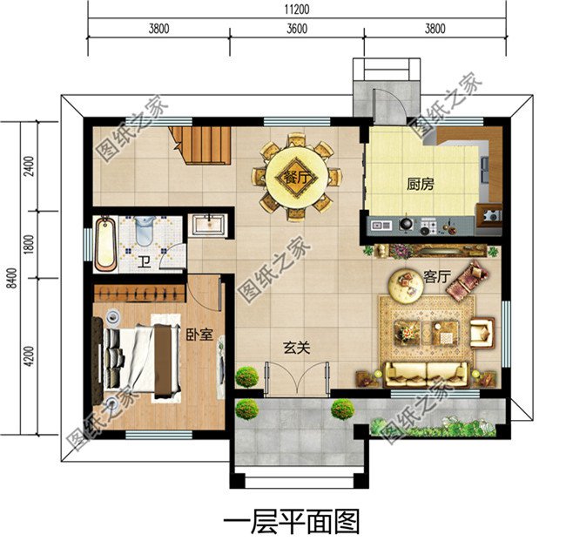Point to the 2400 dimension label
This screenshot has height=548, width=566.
[29, 166]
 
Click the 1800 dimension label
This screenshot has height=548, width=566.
[29, 244]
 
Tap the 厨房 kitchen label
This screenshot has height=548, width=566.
[421, 185]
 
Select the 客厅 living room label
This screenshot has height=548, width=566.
[435, 276]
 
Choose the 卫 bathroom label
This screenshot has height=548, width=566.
[143, 260]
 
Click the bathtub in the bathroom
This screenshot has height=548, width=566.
[105, 242]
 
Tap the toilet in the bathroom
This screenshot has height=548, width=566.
[145, 229]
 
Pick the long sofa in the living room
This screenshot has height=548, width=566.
[427, 375]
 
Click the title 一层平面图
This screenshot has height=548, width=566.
[292, 521]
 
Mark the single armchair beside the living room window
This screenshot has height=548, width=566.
[482, 332]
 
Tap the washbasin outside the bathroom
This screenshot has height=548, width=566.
[208, 224]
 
